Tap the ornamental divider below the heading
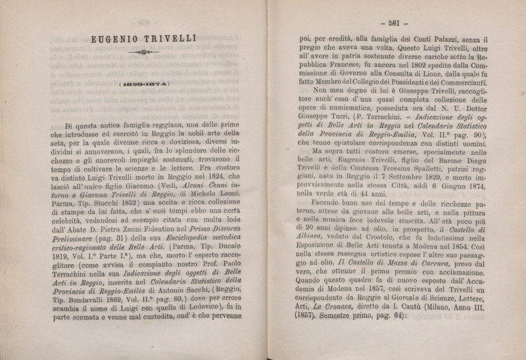point(143,51)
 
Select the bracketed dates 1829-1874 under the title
point(143,84)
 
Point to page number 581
point(394,22)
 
